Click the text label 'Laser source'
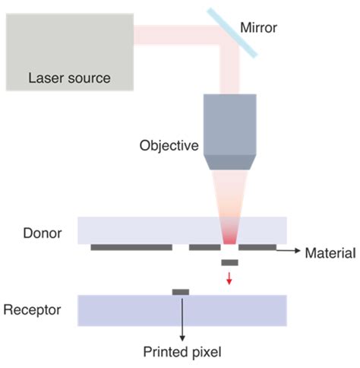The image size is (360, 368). point(69,78)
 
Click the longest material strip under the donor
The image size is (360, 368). point(131,247)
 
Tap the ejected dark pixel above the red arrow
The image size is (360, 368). point(230,262)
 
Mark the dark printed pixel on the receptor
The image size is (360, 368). point(181,292)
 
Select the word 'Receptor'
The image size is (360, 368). point(33,310)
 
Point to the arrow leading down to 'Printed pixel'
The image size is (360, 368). point(181,319)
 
